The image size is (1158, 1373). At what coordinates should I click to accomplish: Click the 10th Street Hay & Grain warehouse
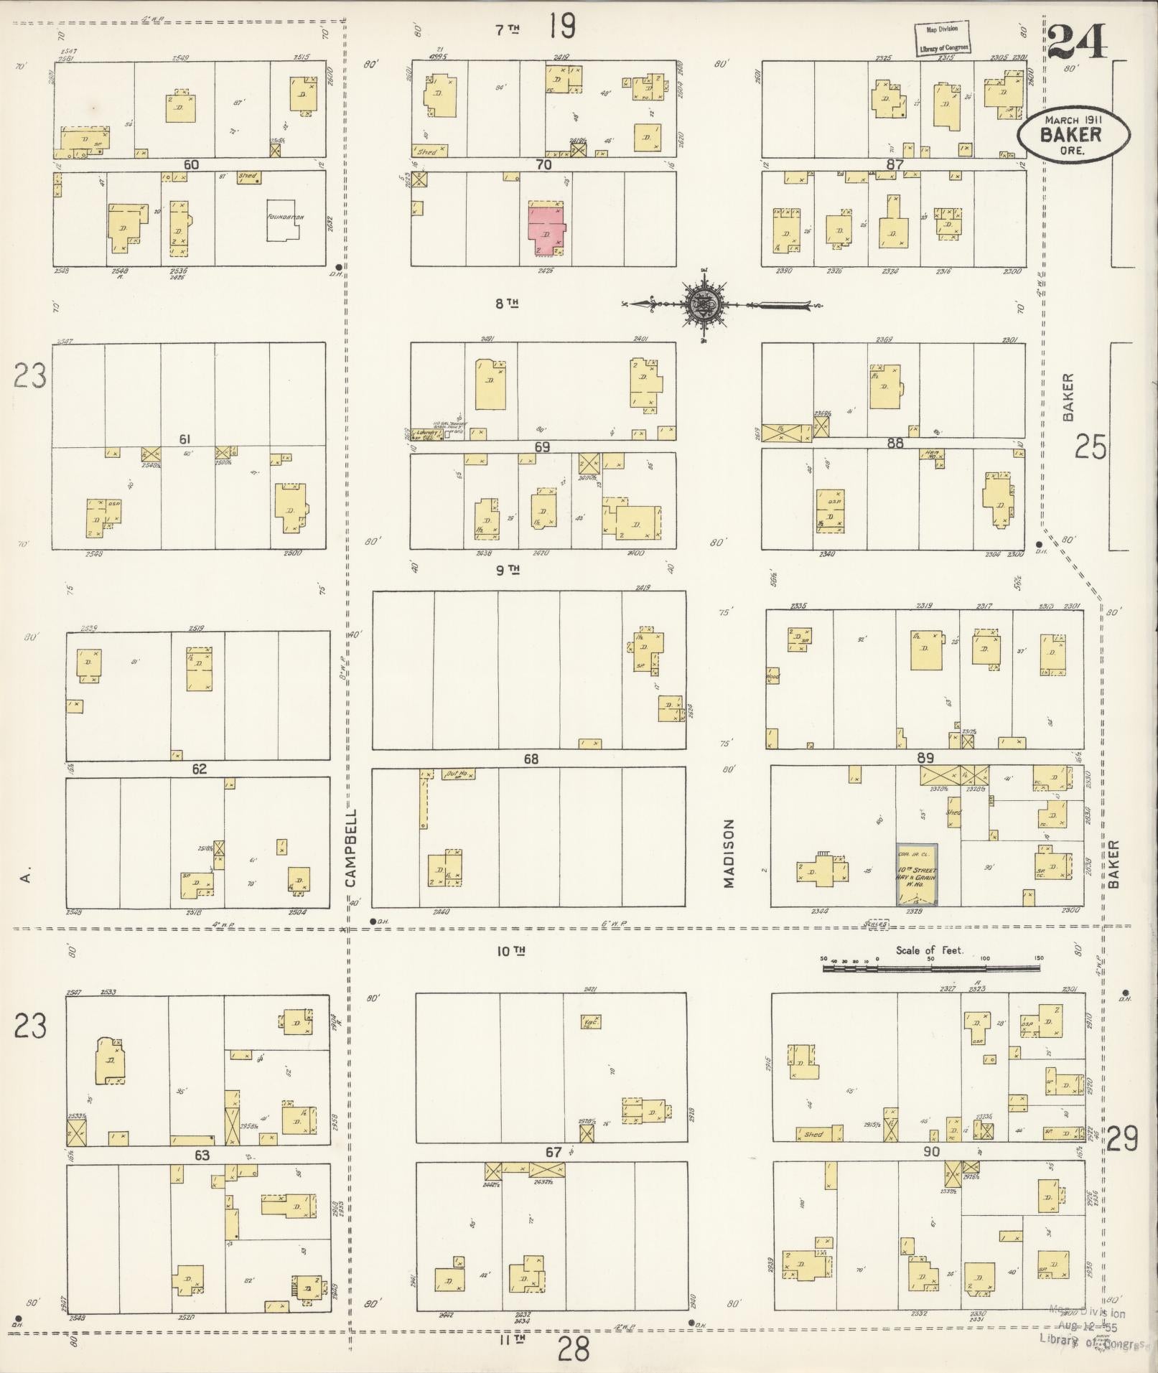917,873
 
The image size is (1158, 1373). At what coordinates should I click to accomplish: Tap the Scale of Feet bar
930,968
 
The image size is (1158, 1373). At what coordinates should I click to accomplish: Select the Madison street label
729,853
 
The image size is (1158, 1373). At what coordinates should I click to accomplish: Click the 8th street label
506,303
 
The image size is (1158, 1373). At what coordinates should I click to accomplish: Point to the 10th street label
511,951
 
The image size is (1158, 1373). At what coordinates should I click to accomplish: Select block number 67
553,1152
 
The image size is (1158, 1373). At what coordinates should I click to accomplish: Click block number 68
531,759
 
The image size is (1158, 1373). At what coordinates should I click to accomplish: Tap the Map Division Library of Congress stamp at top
942,39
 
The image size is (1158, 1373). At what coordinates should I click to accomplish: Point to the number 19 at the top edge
562,27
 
